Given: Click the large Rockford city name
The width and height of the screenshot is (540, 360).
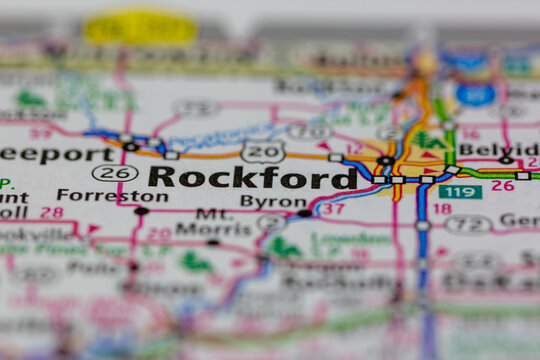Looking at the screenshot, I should [253, 177].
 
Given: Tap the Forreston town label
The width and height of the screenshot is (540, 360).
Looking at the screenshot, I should [97, 196].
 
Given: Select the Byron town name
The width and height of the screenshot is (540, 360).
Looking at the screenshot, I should [273, 201].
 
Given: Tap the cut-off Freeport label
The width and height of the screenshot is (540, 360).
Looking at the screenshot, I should [55, 154].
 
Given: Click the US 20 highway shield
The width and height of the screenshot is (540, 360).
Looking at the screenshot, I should [263, 151].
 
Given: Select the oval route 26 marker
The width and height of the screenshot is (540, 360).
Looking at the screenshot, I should [115, 173].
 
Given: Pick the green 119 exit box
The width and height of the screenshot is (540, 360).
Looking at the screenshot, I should [460, 192].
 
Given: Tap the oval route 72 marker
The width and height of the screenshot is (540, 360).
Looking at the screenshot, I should [468, 224].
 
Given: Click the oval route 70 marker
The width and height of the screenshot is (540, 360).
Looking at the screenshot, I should [309, 131].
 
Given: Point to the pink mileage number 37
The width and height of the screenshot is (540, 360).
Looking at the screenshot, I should [333, 209].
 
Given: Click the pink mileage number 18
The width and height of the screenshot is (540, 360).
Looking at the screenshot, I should [442, 209].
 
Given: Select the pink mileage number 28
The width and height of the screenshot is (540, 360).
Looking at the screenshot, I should [52, 213].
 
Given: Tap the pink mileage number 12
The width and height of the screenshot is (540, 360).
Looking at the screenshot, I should [353, 149].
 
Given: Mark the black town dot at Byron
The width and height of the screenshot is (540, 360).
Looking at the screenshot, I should [304, 213].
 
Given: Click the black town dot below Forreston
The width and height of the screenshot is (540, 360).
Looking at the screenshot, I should [141, 211].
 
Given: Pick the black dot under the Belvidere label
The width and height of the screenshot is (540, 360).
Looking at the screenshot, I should [506, 160].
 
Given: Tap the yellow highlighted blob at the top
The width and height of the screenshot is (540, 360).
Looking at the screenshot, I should [140, 28].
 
